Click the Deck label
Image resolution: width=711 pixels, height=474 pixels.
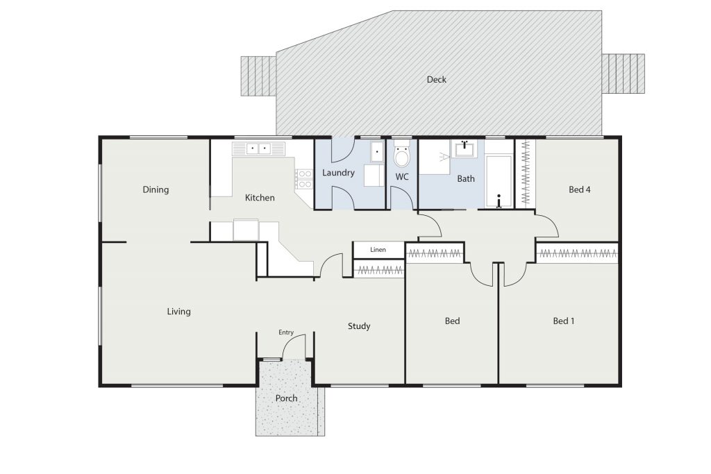(436, 80)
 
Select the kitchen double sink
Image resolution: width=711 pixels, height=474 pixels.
(258, 149)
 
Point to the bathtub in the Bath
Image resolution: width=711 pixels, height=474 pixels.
(499, 181)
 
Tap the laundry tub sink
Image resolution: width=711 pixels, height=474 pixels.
(377, 151)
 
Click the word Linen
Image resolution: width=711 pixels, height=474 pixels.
(378, 250)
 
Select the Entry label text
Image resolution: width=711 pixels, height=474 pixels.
(286, 332)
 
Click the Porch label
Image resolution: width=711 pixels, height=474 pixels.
(287, 398)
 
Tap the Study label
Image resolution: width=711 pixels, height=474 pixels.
(359, 326)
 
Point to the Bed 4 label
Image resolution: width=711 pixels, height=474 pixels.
(580, 189)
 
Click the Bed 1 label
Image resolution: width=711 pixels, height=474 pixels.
(564, 321)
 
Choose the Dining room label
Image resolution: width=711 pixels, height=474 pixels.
(156, 190)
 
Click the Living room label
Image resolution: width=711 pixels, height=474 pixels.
(178, 312)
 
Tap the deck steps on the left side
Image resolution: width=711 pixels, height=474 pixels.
(258, 76)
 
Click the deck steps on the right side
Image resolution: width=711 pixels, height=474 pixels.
(624, 74)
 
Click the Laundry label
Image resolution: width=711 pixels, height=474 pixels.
(338, 173)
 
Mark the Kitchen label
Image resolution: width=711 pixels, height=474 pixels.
(260, 198)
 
